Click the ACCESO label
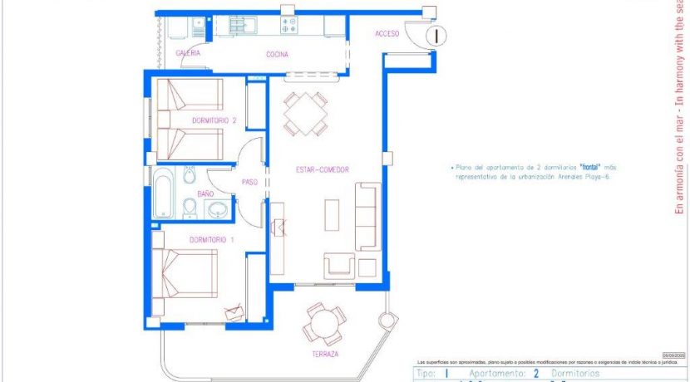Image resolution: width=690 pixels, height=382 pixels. tap(387, 34)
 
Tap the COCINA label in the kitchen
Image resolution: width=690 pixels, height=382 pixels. tap(277, 55)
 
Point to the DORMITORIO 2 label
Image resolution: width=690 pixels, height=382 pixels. tap(214, 120)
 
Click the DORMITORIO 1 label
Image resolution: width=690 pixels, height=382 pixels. tap(211, 240)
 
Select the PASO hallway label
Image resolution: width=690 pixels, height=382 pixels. tap(249, 182)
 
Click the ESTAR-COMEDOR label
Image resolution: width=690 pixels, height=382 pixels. tap(322, 170)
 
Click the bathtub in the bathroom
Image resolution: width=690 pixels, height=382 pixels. tap(163, 193)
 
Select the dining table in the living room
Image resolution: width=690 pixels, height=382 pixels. tap(304, 114)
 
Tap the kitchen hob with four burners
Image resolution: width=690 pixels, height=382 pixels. tap(289, 25)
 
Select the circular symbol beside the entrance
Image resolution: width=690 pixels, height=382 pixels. tap(437, 35)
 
